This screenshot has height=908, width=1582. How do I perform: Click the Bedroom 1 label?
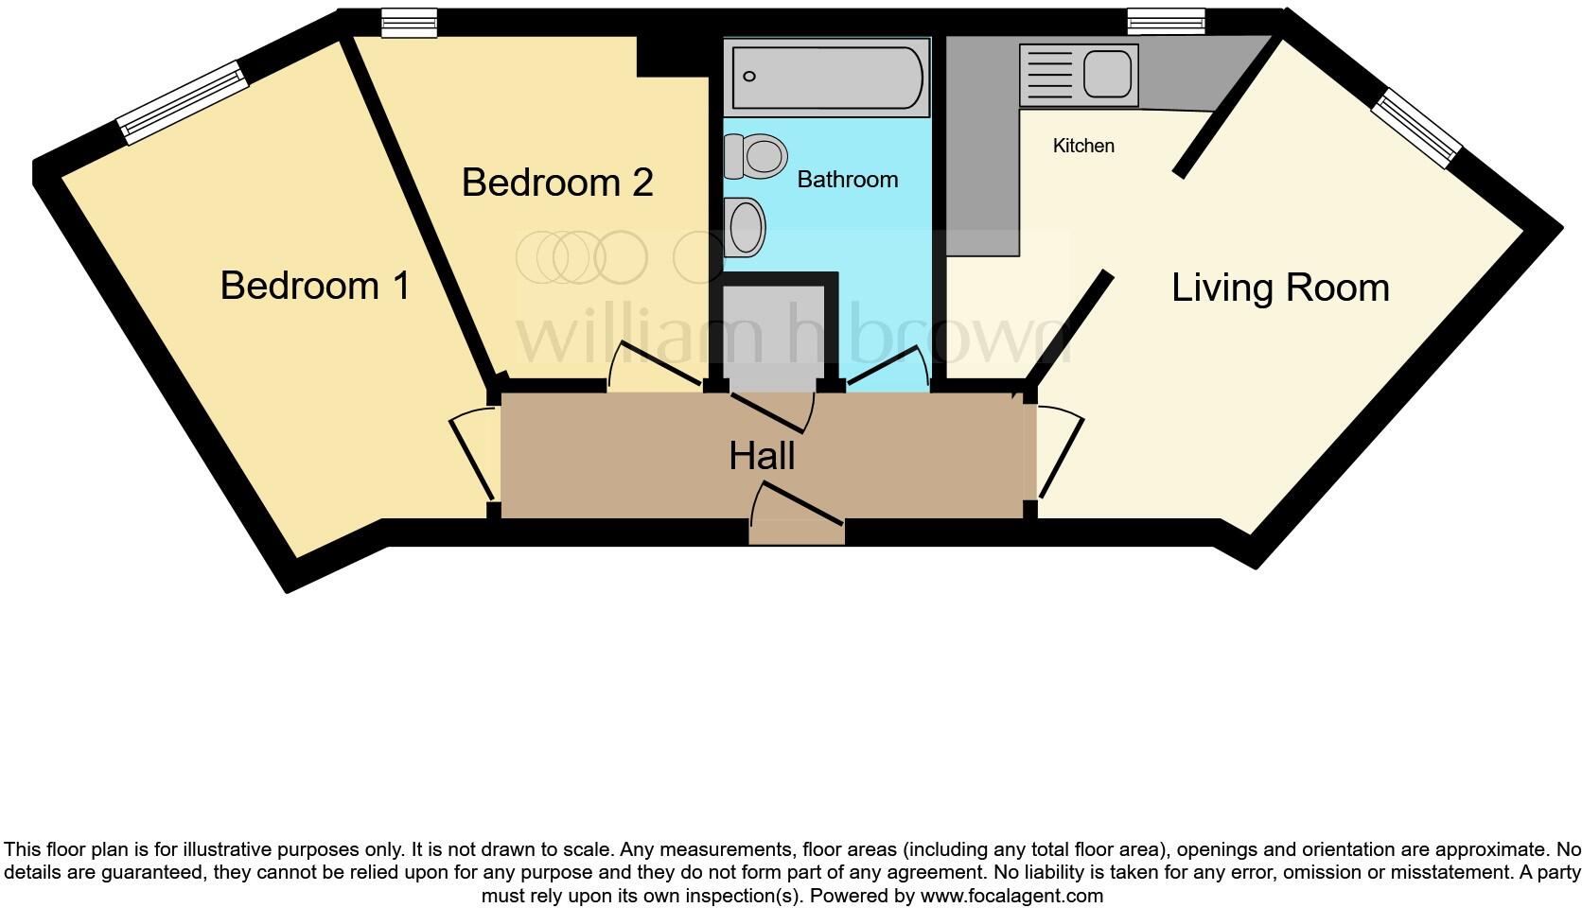[x=315, y=286]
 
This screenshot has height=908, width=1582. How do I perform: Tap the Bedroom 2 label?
[x=557, y=182]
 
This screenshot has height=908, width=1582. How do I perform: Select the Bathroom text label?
[x=847, y=180]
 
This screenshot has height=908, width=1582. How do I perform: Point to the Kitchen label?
[x=1083, y=146]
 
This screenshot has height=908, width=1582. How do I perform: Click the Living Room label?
[x=1279, y=288]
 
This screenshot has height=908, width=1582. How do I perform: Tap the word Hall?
[x=762, y=457]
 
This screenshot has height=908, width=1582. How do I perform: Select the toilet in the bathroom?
[x=756, y=156]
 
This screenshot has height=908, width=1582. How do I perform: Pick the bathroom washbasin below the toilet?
[x=746, y=228]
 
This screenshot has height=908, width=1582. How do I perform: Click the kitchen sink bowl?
[x=1107, y=74]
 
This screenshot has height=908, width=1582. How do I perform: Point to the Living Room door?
[x=1060, y=451]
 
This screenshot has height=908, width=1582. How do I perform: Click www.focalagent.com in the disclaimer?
[x=1011, y=895]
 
